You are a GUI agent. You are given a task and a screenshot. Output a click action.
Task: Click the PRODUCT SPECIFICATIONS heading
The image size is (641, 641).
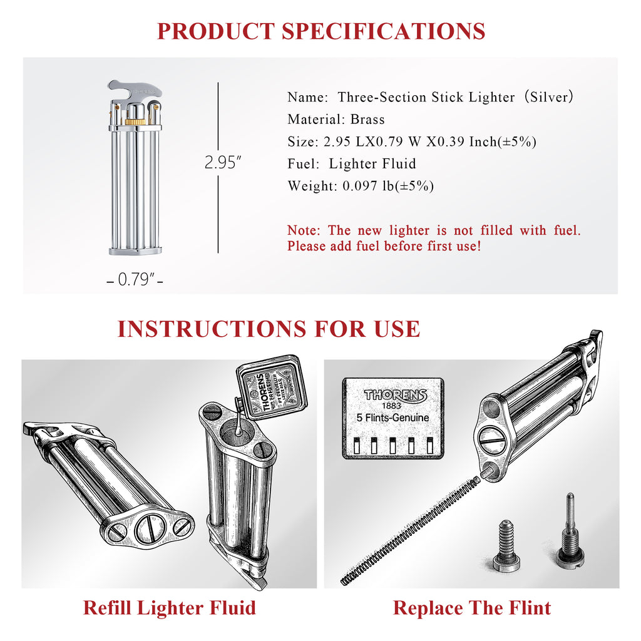tap(320, 31)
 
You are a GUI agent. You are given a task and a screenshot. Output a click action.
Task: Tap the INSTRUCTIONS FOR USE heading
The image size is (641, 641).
tap(269, 329)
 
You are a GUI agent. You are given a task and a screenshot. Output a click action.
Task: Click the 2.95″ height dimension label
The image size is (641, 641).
tap(223, 163)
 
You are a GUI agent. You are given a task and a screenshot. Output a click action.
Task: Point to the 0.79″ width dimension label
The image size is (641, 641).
tap(136, 279)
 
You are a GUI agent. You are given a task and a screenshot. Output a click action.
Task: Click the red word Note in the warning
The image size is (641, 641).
tap(304, 230)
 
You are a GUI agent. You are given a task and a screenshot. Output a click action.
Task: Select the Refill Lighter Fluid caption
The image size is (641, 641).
tap(169, 607)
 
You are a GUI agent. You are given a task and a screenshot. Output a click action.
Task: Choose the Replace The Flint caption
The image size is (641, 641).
tap(472, 607)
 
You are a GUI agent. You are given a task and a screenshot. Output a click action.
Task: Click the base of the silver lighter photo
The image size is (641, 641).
tap(135, 250)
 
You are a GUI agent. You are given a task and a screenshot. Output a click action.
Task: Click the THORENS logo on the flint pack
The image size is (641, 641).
tap(395, 395)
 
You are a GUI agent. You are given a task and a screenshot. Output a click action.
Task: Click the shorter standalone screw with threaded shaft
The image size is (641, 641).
tap(506, 546)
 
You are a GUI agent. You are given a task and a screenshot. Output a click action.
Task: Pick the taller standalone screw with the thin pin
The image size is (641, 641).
tap(570, 530)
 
